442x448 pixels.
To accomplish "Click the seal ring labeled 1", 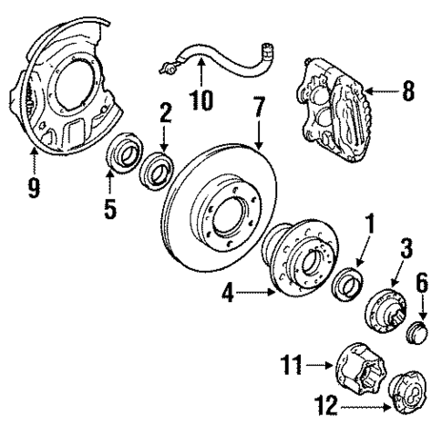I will pos(348,284).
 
